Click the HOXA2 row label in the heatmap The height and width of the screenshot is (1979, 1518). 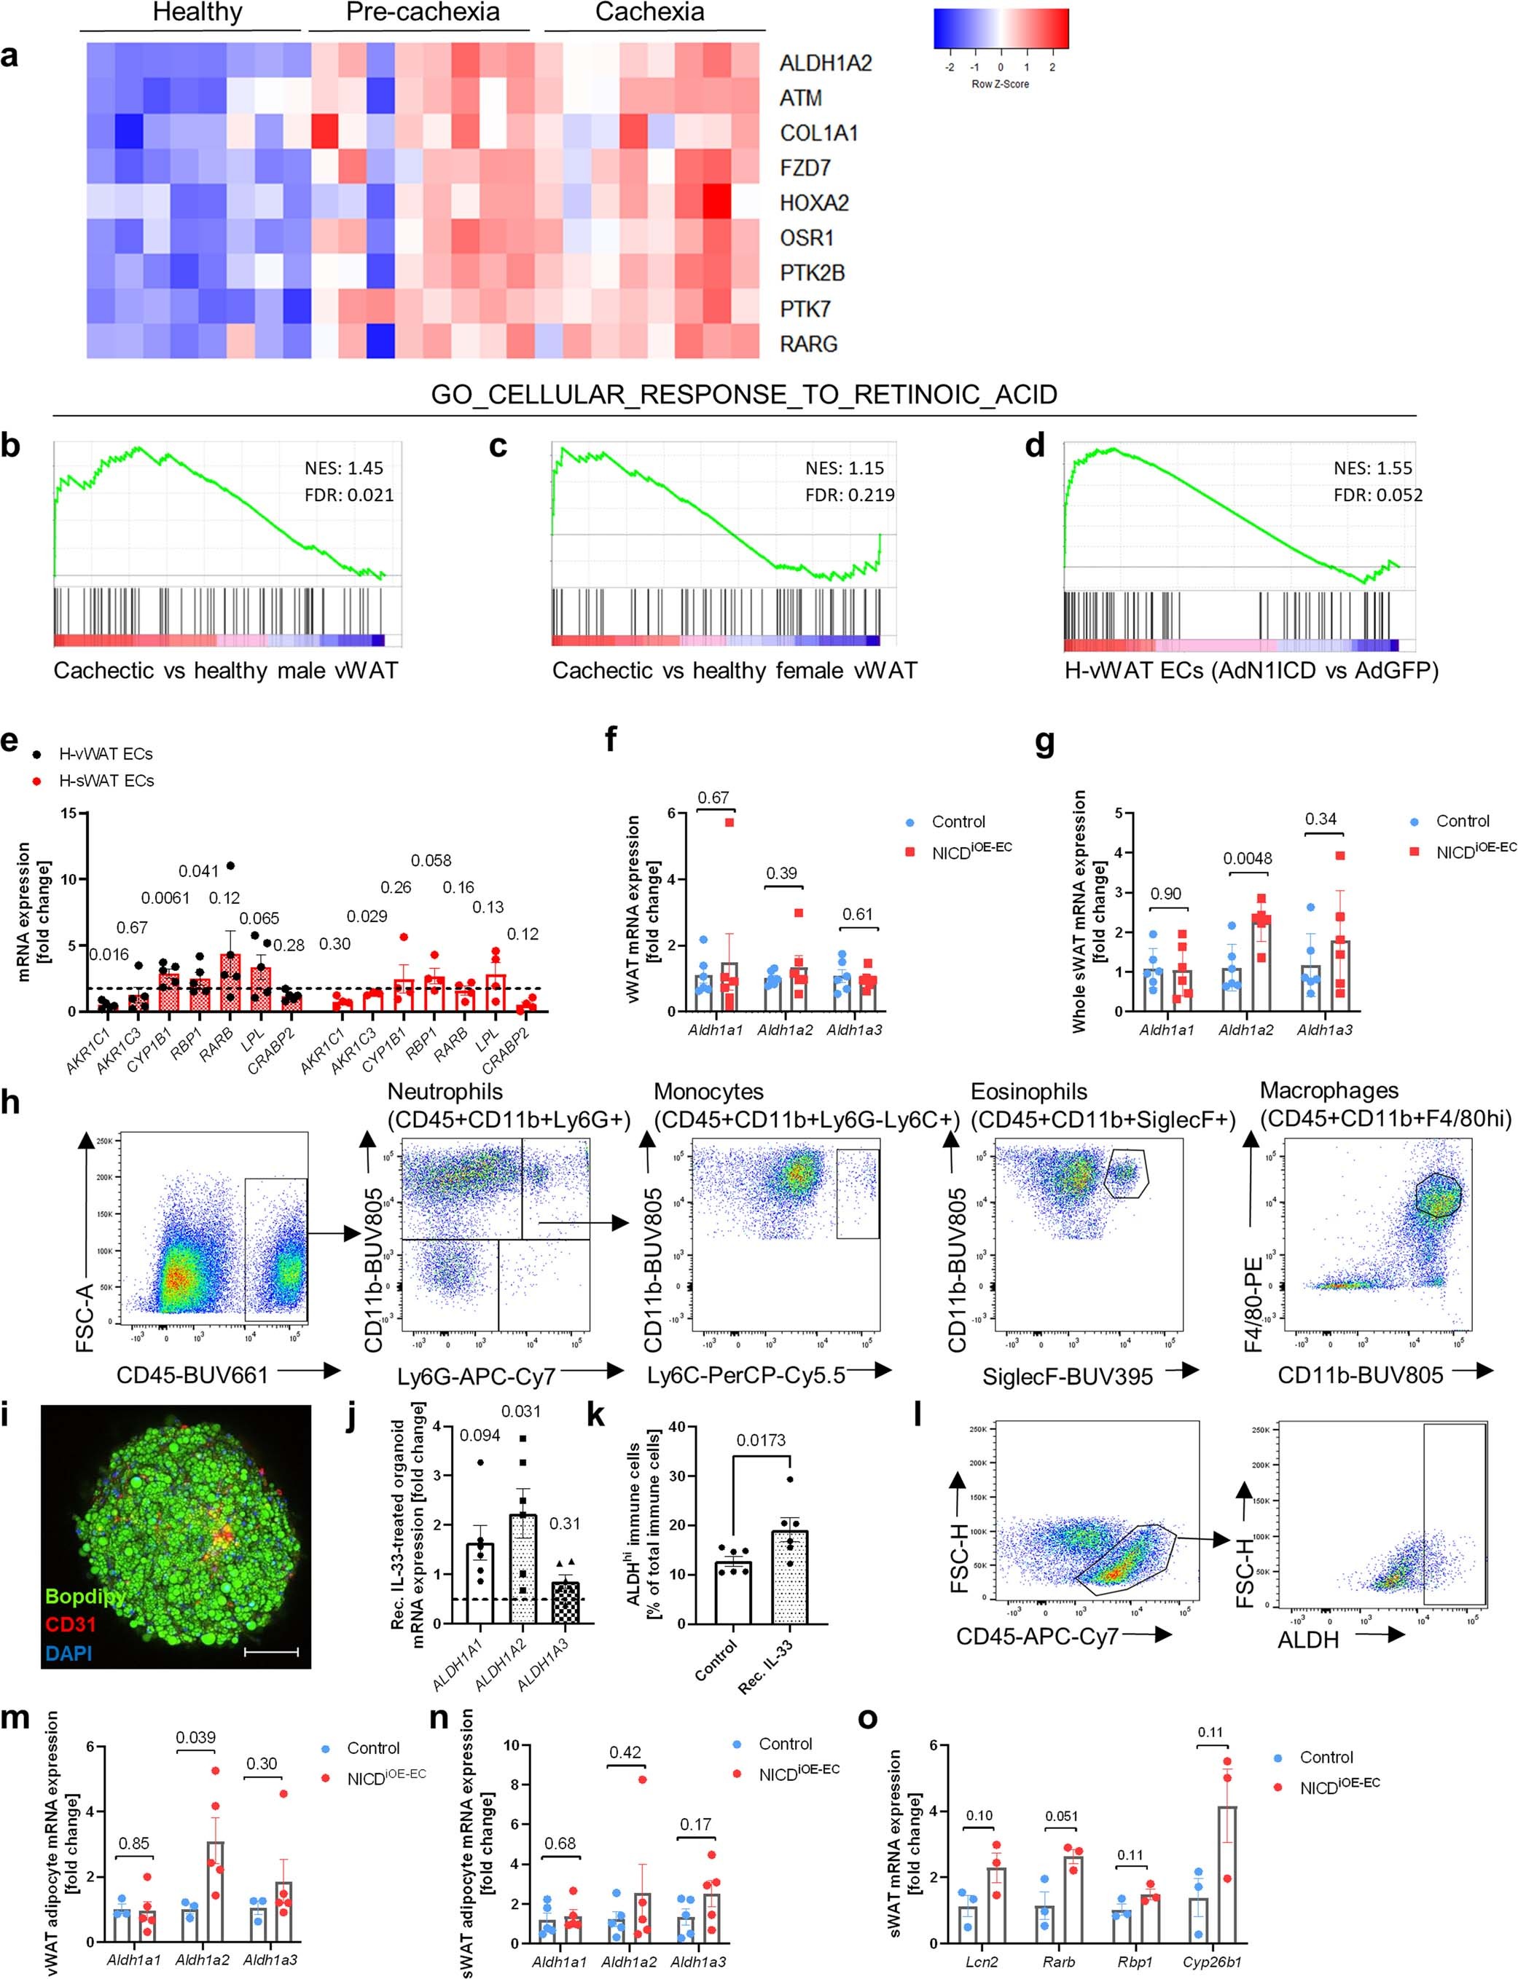pos(814,203)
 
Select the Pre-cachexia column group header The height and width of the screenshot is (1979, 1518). pos(422,12)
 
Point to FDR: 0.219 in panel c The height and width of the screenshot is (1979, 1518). pos(849,495)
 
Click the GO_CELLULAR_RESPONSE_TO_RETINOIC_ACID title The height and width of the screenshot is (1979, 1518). pos(743,395)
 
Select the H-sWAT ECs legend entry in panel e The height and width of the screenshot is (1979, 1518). pos(106,780)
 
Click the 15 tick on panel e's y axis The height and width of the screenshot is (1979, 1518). pos(69,813)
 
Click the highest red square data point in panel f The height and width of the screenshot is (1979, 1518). pos(729,822)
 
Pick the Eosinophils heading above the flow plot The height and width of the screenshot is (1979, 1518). pos(1028,1091)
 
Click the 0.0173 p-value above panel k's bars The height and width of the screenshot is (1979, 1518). pos(761,1440)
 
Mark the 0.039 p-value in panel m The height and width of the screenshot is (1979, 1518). pos(195,1737)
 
